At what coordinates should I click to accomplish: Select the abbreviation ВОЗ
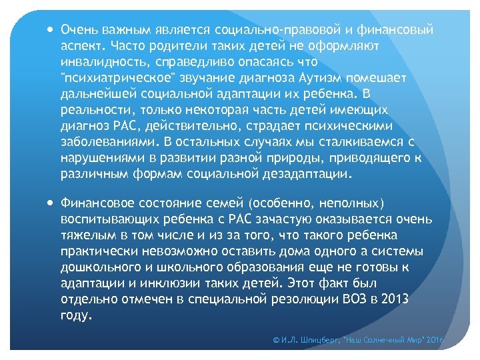(x=347, y=299)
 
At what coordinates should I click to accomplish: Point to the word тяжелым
(x=83, y=235)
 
